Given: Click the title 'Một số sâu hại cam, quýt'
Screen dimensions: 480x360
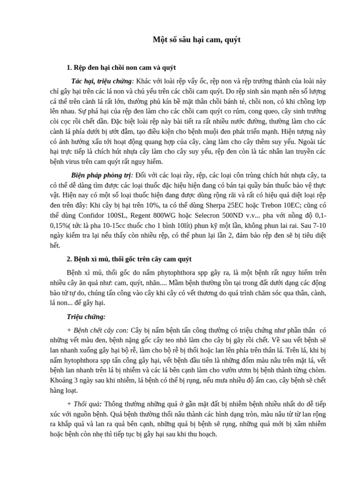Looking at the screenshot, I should coord(196,40).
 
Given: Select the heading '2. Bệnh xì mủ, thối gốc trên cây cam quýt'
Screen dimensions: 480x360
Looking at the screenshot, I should coord(129,259).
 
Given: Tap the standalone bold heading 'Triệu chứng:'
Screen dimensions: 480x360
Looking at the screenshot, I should coord(86,317).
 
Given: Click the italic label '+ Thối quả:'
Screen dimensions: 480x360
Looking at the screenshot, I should coord(85,404).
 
